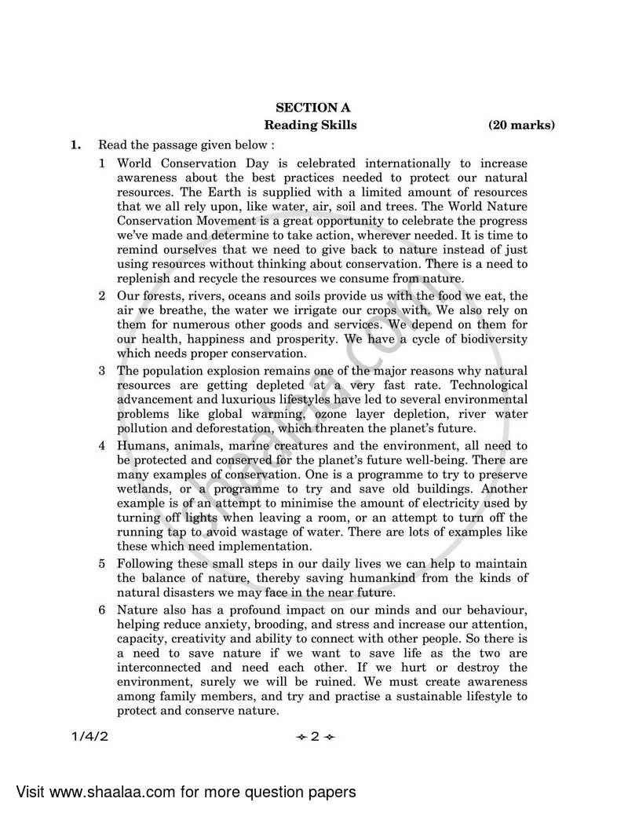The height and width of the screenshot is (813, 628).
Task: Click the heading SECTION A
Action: tap(312, 108)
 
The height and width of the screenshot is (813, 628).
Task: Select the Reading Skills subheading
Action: tap(310, 125)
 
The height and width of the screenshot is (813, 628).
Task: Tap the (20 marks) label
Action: tap(521, 125)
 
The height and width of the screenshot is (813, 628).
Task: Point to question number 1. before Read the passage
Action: tap(75, 145)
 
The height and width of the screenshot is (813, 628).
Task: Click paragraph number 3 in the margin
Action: tap(102, 370)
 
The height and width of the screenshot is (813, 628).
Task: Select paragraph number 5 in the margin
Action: tap(102, 564)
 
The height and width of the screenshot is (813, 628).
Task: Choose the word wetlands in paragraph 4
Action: tap(144, 489)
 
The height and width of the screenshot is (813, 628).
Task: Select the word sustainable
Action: tap(425, 697)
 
